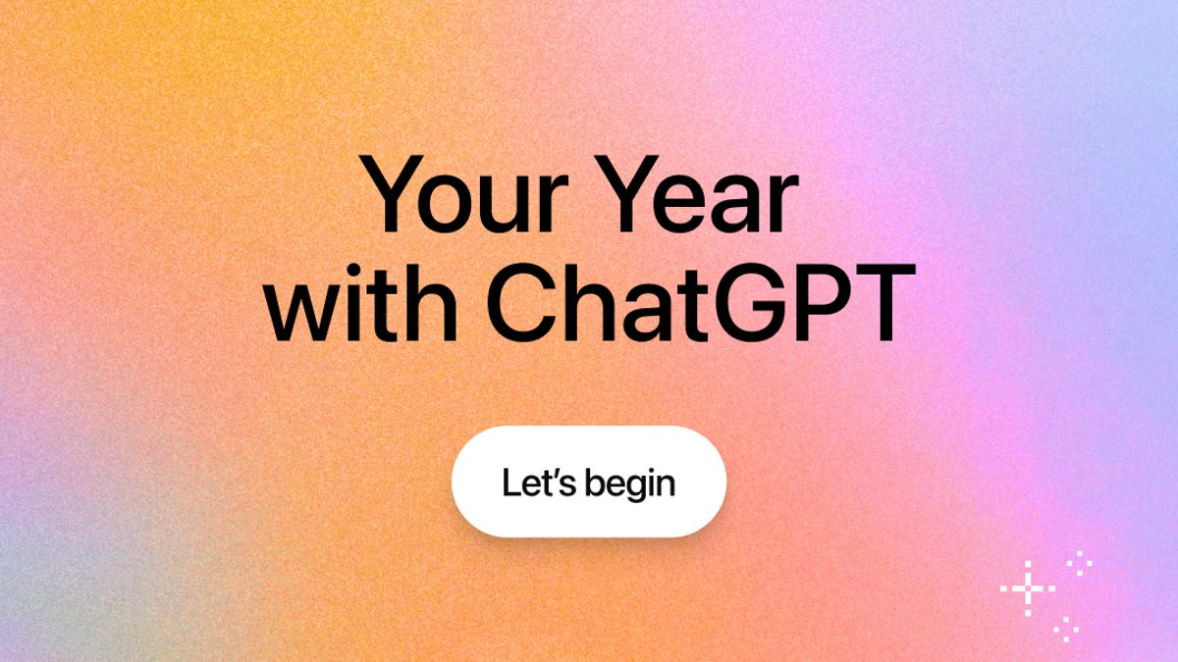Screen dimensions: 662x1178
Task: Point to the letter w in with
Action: click(300, 308)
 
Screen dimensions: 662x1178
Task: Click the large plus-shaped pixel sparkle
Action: click(1027, 588)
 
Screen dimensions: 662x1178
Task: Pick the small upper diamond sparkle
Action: click(1079, 561)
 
